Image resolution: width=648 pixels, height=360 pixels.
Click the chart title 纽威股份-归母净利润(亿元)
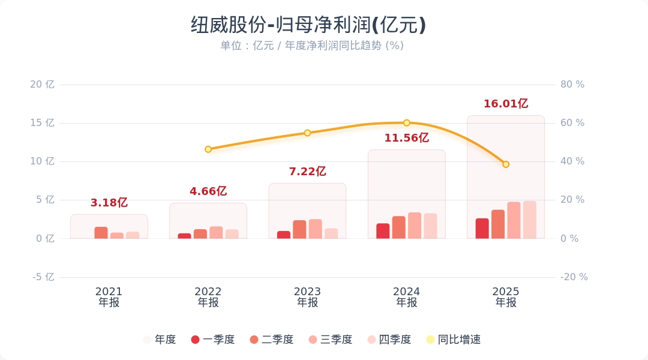(308, 25)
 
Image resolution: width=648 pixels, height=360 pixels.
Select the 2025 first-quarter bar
(482, 229)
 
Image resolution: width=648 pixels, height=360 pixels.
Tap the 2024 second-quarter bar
(399, 227)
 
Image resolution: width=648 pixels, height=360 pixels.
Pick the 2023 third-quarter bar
(316, 229)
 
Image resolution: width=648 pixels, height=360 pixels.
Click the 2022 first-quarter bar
(184, 236)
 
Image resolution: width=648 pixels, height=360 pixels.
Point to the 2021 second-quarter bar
(101, 233)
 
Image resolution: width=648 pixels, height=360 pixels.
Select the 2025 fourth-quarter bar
(529, 220)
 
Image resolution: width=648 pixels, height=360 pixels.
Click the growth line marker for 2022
(208, 149)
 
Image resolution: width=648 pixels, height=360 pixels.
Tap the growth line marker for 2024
(406, 123)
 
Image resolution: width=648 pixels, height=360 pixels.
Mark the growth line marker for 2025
(506, 164)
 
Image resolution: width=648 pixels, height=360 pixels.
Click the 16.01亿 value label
(506, 104)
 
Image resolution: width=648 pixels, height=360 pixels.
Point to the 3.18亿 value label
(109, 203)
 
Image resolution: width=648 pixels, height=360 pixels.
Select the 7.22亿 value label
(307, 172)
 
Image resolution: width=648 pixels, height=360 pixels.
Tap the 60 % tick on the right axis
(572, 123)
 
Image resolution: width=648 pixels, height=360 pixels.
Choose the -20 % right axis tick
(574, 277)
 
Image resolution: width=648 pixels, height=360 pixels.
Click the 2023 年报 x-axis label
(307, 297)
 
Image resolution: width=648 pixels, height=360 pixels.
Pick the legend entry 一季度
(213, 340)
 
